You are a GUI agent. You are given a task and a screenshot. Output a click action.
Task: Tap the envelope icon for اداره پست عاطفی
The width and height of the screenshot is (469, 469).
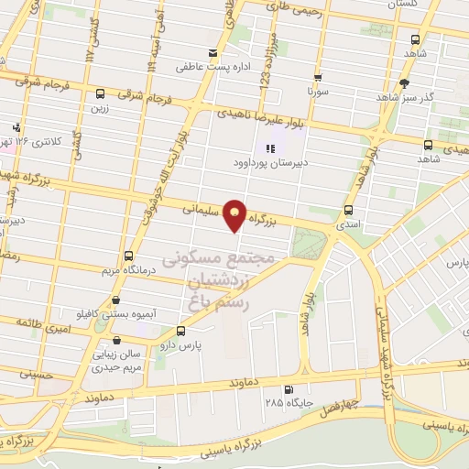pos(213,51)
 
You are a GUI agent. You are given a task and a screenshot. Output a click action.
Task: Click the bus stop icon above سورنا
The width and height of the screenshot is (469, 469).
pos(318,78)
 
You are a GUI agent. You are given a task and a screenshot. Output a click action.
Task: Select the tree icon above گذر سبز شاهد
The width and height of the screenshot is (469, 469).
pos(404,82)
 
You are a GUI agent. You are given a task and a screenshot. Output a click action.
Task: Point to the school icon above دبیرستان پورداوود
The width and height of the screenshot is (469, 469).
pos(269,148)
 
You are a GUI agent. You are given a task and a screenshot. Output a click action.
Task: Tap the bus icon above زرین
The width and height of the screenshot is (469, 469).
pos(100,93)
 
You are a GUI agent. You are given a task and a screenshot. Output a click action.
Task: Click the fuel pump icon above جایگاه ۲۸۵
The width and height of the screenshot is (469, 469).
pos(290,388)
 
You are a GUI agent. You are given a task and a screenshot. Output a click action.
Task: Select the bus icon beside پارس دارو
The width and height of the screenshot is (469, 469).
pos(180,332)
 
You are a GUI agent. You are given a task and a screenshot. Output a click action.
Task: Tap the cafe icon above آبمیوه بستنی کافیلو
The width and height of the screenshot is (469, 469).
pos(115,300)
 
